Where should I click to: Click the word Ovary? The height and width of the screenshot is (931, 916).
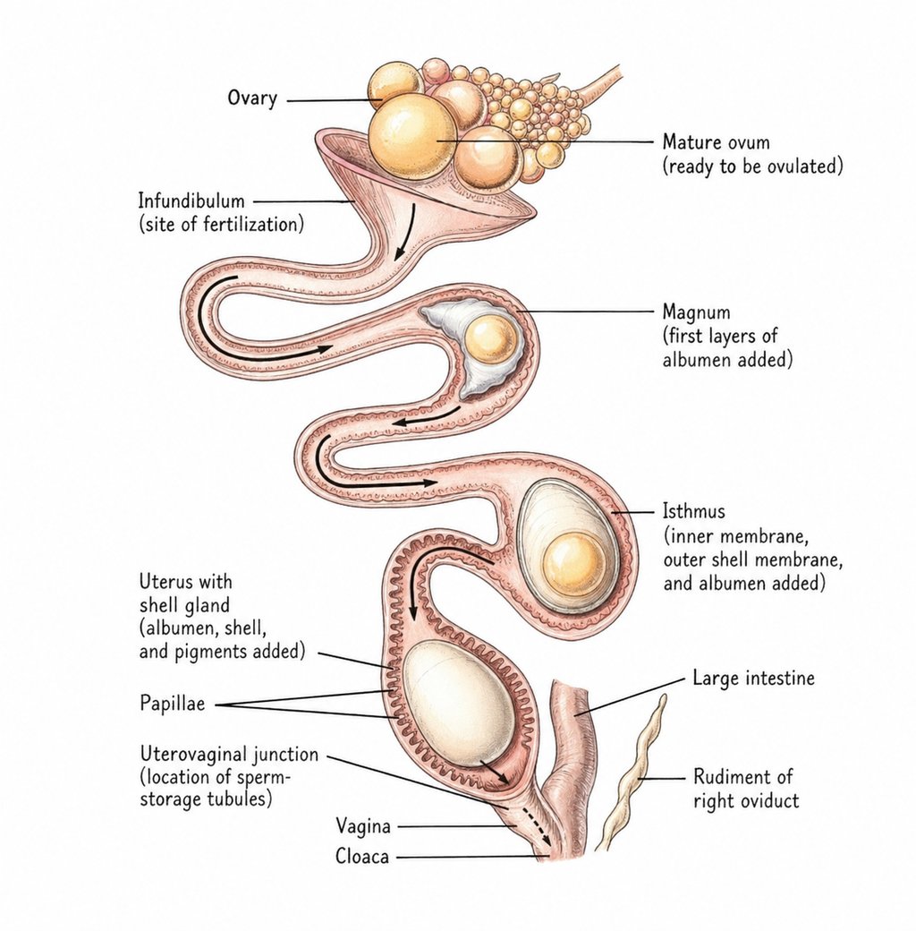click(251, 98)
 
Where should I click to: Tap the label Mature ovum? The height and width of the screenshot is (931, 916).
click(716, 142)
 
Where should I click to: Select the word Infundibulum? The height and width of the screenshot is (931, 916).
click(191, 201)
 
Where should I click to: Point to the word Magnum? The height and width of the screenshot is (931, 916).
click(696, 312)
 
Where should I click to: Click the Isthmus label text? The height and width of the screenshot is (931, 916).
click(693, 513)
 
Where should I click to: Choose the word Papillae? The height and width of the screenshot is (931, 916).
click(172, 704)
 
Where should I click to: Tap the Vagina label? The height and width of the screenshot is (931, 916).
click(362, 825)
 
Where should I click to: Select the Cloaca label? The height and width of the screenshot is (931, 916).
click(361, 857)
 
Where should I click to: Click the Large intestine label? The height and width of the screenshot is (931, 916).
click(753, 679)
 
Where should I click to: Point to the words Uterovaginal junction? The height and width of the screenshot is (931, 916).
click(228, 756)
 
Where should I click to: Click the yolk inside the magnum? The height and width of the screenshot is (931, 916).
click(490, 338)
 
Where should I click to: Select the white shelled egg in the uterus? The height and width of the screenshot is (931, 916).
click(456, 703)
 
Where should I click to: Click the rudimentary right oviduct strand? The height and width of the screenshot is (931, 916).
click(635, 770)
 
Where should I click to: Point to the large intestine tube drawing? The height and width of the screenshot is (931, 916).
click(570, 734)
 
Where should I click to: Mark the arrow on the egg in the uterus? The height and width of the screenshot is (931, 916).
click(495, 772)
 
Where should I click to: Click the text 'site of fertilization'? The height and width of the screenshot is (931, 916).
click(221, 224)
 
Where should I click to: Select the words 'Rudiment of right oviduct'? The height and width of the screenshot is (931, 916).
click(745, 788)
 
